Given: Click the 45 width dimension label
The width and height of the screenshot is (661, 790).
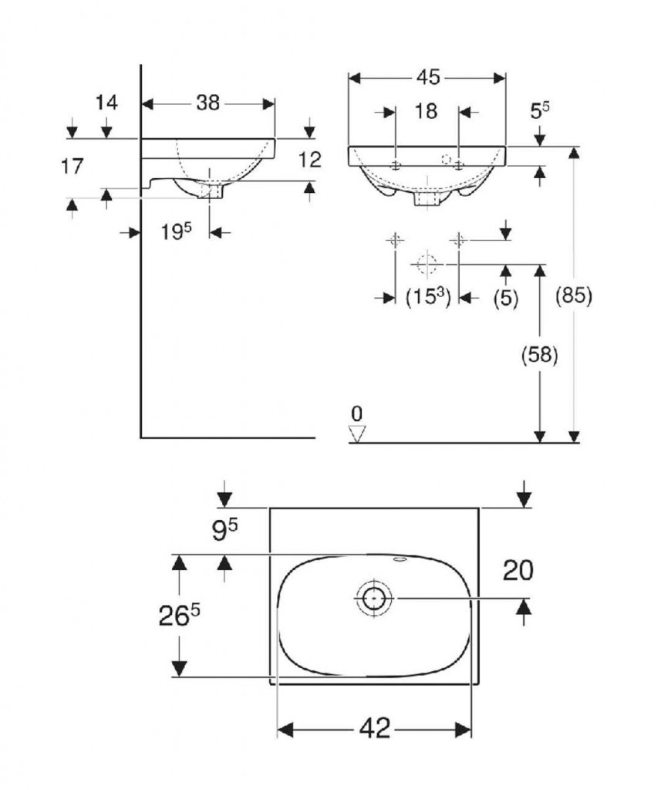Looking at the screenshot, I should tap(428, 77).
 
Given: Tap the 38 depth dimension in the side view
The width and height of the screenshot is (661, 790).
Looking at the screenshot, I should tap(207, 103).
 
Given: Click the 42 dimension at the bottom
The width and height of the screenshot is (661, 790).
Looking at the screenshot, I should tap(374, 728).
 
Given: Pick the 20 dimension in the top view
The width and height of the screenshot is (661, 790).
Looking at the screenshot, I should tap(518, 570).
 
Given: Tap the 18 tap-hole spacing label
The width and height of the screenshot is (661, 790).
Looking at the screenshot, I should tap(426, 112).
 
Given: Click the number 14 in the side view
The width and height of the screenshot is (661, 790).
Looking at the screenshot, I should tap(106, 103).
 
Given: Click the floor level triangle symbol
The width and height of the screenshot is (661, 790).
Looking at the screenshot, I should tap(356, 434).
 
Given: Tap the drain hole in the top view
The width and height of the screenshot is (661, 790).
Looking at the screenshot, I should tap(374, 597).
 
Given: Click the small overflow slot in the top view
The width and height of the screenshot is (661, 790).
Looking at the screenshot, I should tap(400, 559).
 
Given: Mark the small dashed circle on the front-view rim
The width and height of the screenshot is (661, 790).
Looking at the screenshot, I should tap(444, 159).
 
